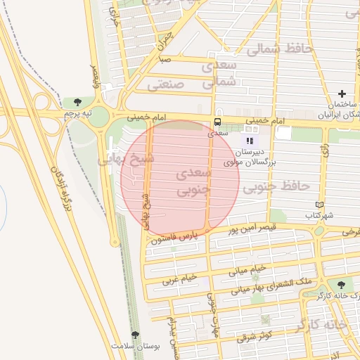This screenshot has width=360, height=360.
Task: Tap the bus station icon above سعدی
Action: pos(219,122)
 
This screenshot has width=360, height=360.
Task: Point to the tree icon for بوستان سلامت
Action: pos(135,335)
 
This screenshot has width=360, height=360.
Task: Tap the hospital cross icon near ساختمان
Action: pos(342,94)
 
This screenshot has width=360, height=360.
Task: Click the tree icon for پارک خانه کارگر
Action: pos(341,285)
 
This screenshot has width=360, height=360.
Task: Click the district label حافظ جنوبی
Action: pos(276,187)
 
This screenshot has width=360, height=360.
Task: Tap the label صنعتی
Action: pos(166,84)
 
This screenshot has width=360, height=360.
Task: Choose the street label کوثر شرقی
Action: pos(256,337)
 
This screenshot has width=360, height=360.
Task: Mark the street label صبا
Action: pos(165,60)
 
